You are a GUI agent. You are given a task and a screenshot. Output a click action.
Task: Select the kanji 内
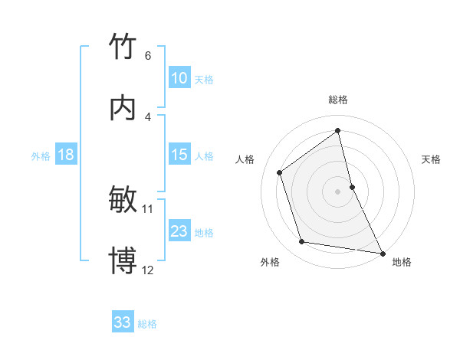click(123, 109)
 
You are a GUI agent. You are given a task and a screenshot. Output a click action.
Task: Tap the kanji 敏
click(123, 201)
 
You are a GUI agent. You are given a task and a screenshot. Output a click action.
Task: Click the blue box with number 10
click(179, 77)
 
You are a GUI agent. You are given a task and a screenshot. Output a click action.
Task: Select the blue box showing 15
click(179, 155)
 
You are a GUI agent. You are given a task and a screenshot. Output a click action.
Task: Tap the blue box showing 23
click(179, 231)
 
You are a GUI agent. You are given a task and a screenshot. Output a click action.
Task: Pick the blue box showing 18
click(66, 155)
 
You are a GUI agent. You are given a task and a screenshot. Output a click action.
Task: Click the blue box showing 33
click(123, 322)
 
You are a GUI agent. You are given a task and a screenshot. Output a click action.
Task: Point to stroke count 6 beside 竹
click(148, 55)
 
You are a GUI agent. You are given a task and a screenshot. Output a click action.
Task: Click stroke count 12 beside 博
click(148, 270)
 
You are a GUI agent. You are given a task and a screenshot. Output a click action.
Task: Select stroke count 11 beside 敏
click(148, 208)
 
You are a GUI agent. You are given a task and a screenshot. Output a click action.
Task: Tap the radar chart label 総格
click(338, 100)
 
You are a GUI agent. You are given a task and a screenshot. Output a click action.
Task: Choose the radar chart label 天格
click(432, 159)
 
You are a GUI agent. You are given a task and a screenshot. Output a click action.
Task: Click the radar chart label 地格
click(402, 262)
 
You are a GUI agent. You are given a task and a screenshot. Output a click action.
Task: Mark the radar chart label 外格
click(270, 262)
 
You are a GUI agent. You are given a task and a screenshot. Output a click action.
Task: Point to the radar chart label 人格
click(245, 159)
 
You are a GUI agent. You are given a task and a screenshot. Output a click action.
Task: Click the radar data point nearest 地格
click(382, 252)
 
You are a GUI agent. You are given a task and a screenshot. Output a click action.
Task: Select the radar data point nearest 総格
click(338, 130)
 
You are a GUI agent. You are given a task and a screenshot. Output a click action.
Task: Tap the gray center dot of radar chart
click(338, 191)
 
